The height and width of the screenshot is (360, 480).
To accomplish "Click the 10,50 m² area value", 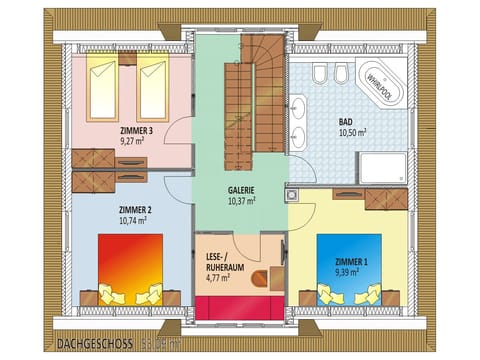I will (x=351, y=130).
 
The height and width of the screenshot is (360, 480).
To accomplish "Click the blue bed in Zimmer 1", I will (x=349, y=263).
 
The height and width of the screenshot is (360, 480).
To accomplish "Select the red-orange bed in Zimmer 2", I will (x=130, y=263).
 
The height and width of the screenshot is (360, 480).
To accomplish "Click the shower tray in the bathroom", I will (x=382, y=166).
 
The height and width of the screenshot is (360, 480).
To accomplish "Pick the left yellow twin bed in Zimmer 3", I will (x=107, y=89).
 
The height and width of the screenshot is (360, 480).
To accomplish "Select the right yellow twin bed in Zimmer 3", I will (x=152, y=89).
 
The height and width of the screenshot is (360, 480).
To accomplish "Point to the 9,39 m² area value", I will (x=352, y=271).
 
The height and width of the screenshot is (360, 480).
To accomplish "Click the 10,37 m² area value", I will (x=241, y=200).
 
